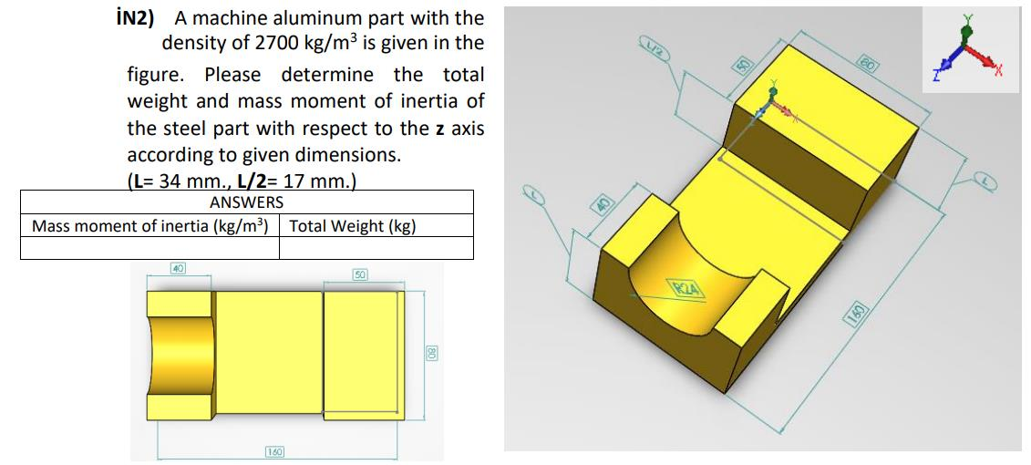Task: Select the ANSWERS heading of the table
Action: tap(246, 202)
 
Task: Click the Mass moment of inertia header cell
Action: tap(149, 225)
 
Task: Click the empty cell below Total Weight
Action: tap(376, 248)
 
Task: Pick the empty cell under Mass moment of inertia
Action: tap(149, 248)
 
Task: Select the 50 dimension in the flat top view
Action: tap(361, 274)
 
